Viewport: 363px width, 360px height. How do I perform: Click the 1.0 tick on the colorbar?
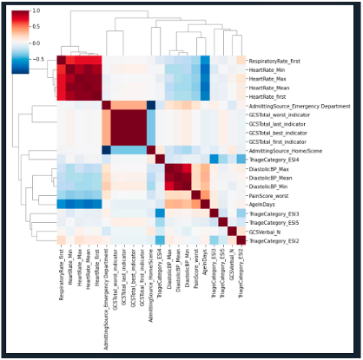click(x=34, y=11)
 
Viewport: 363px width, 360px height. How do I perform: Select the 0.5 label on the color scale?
click(x=34, y=27)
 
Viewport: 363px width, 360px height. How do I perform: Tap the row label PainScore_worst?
click(x=270, y=194)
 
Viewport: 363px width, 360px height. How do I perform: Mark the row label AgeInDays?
click(x=263, y=204)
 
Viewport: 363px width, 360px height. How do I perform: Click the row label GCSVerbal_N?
click(x=266, y=231)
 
